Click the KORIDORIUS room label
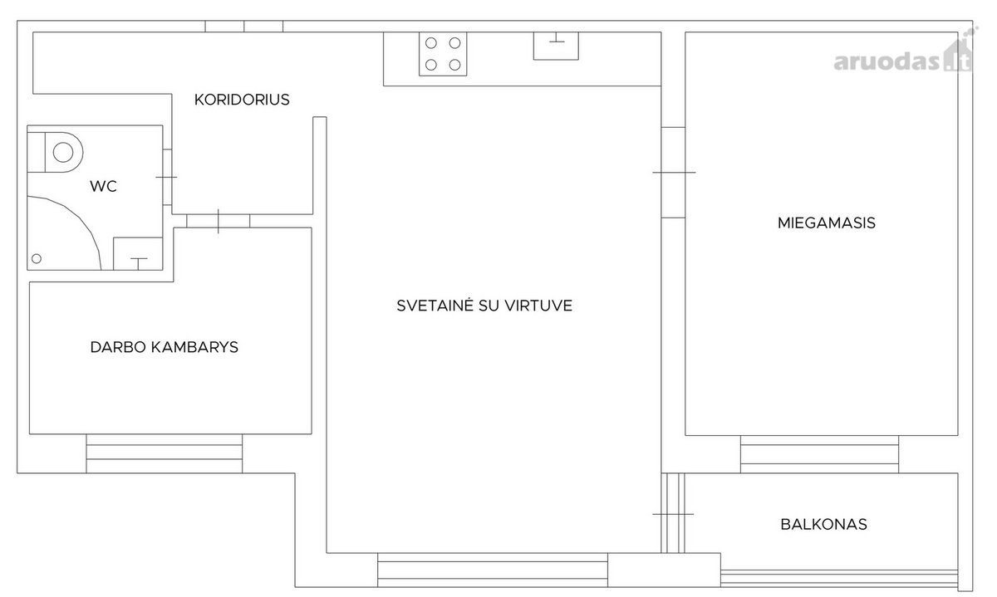pyautogui.click(x=242, y=100)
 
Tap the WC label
pyautogui.click(x=103, y=186)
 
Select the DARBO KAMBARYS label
pyautogui.click(x=165, y=347)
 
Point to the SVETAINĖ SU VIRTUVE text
pyautogui.click(x=484, y=306)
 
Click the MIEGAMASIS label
pyautogui.click(x=827, y=223)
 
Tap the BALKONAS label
pyautogui.click(x=824, y=525)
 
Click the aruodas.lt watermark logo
pyautogui.click(x=904, y=56)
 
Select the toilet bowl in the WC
pyautogui.click(x=55, y=152)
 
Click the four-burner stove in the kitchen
pyautogui.click(x=443, y=54)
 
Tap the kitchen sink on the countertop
pyautogui.click(x=557, y=46)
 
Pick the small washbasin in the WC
pyautogui.click(x=138, y=253)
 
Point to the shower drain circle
pyautogui.click(x=37, y=258)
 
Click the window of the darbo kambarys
pyautogui.click(x=165, y=453)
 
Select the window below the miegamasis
pyautogui.click(x=819, y=454)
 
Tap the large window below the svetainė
pyautogui.click(x=493, y=570)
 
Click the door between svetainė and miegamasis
pyautogui.click(x=673, y=173)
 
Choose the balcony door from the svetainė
pyautogui.click(x=673, y=514)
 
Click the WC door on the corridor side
pyautogui.click(x=167, y=177)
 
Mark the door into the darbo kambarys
pyautogui.click(x=218, y=221)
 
